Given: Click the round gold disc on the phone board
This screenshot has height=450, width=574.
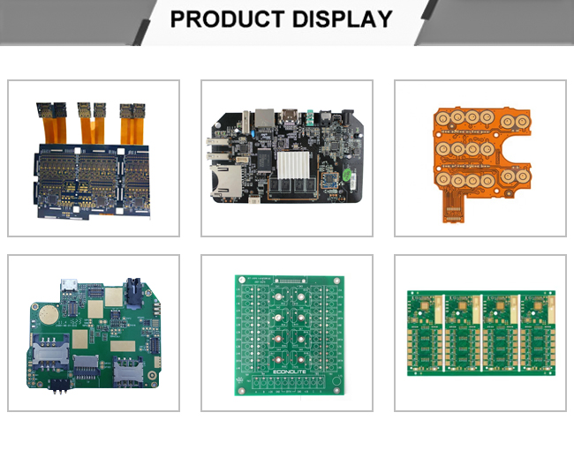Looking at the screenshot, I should point(51,315).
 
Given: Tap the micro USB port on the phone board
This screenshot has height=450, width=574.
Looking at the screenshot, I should point(68,286).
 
